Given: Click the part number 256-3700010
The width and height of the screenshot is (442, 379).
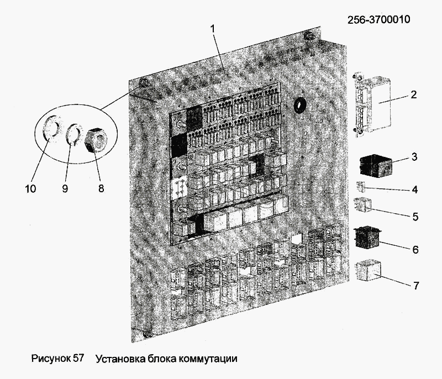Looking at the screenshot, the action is click(x=378, y=20).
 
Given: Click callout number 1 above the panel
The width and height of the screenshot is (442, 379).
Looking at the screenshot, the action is click(x=213, y=29).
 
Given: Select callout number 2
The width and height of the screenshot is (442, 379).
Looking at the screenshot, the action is click(x=413, y=94).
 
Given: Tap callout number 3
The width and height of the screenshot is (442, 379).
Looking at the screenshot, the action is click(x=414, y=157).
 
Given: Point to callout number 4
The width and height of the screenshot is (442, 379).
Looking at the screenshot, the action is click(x=415, y=189).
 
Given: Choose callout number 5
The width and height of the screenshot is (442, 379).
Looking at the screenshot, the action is click(x=415, y=217).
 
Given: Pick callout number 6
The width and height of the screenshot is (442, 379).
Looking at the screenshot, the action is click(x=415, y=249).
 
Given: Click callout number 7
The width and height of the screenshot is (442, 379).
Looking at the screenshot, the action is click(x=416, y=286).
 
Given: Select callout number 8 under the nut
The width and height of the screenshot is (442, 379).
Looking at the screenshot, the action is click(x=101, y=188).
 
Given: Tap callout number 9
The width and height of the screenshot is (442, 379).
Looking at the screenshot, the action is click(x=65, y=188).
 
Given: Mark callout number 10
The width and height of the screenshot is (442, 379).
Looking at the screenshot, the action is click(x=30, y=188).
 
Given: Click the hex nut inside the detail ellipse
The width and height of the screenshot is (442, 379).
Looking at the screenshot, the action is click(x=95, y=140).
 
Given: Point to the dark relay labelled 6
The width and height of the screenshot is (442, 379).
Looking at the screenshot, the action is click(x=367, y=238).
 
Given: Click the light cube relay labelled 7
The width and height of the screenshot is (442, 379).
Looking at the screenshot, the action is click(x=369, y=271).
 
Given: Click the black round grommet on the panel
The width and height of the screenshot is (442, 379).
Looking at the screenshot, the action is click(x=299, y=106).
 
